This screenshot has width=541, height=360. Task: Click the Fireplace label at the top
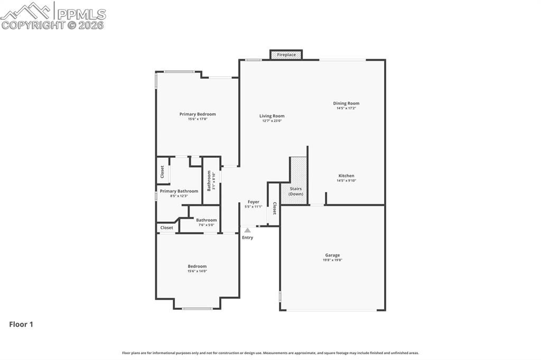(x=286, y=54)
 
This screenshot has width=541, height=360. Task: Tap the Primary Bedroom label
(x=198, y=114)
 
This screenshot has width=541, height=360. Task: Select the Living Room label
(x=272, y=116)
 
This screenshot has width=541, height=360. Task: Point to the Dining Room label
(x=346, y=103)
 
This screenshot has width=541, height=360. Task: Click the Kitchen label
(x=346, y=176)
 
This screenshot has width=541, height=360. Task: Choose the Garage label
(x=332, y=255)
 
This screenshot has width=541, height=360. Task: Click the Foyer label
(x=254, y=202)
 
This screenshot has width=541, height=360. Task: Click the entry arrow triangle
(x=247, y=230)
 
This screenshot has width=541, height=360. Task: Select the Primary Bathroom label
(x=179, y=191)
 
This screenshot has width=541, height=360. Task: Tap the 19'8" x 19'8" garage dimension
(x=332, y=260)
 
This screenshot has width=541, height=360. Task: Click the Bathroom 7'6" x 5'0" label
(x=206, y=220)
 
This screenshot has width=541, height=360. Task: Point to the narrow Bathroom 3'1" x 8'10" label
(x=210, y=181)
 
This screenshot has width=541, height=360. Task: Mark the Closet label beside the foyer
(x=274, y=209)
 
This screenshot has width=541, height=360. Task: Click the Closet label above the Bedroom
(x=167, y=228)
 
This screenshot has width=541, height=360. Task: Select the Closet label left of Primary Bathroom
(x=162, y=172)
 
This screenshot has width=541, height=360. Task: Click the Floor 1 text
(x=21, y=325)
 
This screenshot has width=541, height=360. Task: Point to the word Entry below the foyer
(x=247, y=238)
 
